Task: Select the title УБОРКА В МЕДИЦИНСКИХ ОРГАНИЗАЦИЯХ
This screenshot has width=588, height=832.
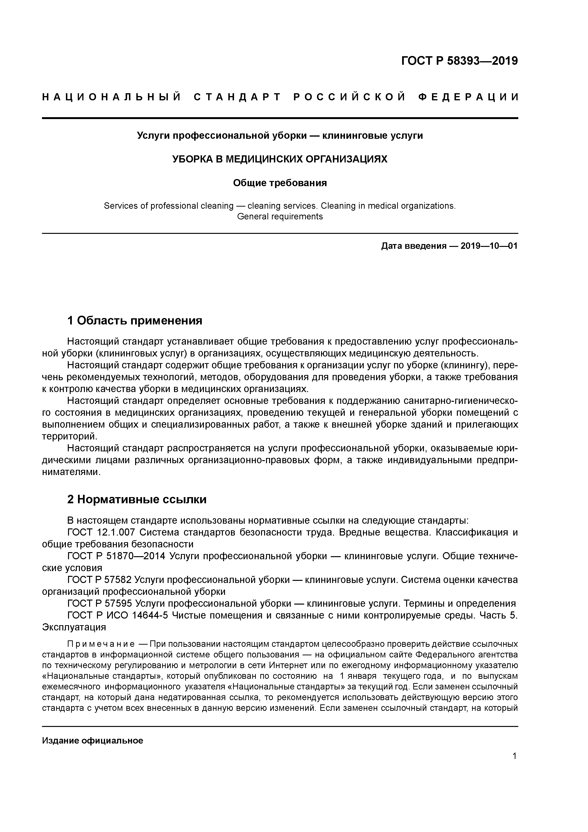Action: [280, 159]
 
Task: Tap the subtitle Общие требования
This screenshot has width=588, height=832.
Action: [280, 183]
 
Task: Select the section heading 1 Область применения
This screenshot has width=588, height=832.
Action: [134, 321]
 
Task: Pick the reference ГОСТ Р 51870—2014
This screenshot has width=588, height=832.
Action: [116, 556]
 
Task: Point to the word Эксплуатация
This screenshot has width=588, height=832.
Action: [74, 627]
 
